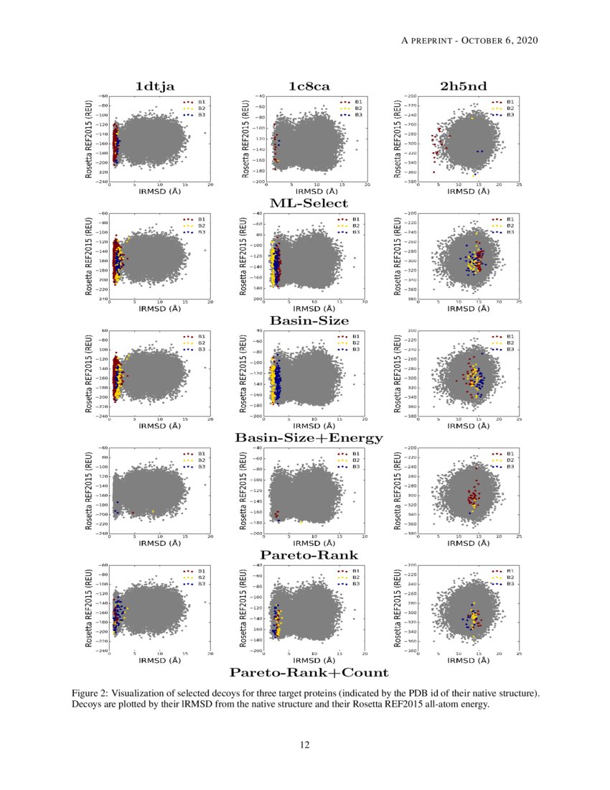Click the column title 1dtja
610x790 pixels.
coord(155,86)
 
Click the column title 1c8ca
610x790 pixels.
coord(309,86)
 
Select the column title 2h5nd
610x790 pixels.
coord(464,86)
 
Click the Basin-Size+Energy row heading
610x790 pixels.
coord(309,437)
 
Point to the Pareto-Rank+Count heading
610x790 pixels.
coord(309,672)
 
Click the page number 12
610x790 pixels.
coord(305,745)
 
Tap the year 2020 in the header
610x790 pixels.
coord(526,39)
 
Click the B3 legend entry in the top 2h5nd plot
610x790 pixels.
coord(510,115)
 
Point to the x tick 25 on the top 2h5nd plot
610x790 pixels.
coord(518,185)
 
